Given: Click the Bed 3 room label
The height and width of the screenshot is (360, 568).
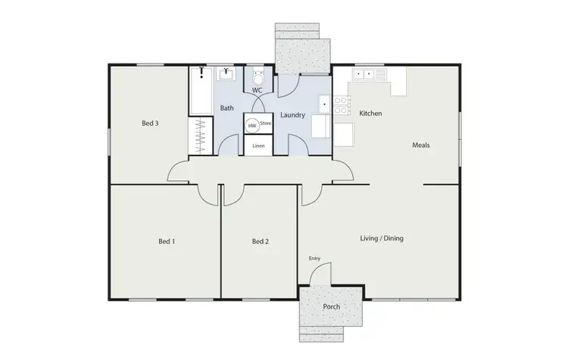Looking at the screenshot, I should [150, 123].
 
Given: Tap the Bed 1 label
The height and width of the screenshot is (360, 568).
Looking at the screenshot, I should [167, 242].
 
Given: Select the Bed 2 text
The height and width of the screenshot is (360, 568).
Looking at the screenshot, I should [261, 242].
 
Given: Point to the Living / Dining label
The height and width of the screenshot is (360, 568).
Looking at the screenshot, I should [381, 238].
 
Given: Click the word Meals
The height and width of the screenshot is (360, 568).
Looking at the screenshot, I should [421, 145].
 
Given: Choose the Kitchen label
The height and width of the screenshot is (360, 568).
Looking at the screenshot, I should [370, 114].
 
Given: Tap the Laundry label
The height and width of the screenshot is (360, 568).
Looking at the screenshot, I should [292, 115].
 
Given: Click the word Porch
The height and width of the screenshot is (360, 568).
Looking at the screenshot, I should [331, 307].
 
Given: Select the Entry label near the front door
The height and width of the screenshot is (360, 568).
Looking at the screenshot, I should [314, 259].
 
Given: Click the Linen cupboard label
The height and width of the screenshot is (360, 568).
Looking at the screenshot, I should [258, 146].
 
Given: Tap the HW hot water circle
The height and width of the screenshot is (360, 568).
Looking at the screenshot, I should [252, 126].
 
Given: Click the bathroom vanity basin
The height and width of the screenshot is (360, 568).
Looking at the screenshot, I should [226, 74].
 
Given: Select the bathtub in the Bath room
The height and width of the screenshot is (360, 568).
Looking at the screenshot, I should [201, 91].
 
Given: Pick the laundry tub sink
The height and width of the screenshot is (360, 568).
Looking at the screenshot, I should [325, 103].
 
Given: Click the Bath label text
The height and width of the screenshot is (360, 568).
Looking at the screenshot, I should [227, 108].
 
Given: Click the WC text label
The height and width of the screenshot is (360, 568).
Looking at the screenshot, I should [257, 90].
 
